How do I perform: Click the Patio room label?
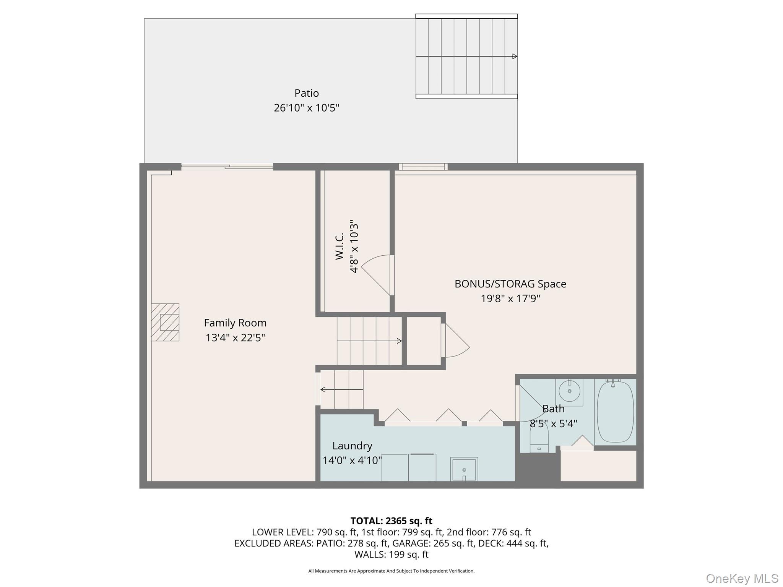pyautogui.click(x=306, y=93)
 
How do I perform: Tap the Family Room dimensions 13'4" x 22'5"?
pyautogui.click(x=235, y=338)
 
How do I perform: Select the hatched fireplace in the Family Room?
pyautogui.click(x=165, y=322)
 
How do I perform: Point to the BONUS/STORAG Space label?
pyautogui.click(x=510, y=284)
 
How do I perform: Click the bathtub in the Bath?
pyautogui.click(x=615, y=412)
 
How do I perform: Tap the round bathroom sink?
pyautogui.click(x=569, y=391)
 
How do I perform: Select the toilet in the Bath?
pyautogui.click(x=539, y=439)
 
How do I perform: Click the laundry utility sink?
pyautogui.click(x=464, y=469)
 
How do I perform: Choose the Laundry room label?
pyautogui.click(x=352, y=446)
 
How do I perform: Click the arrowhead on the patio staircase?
pyautogui.click(x=515, y=57)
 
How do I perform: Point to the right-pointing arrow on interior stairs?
pyautogui.click(x=399, y=341)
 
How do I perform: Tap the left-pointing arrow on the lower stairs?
pyautogui.click(x=323, y=389)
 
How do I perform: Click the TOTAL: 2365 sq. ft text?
pyautogui.click(x=391, y=521)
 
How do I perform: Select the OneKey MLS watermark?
pyautogui.click(x=742, y=578)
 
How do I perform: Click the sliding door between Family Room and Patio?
pyautogui.click(x=227, y=167)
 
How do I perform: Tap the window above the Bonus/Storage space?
pyautogui.click(x=423, y=167)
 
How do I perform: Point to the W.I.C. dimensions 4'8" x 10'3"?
pyautogui.click(x=354, y=246)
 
